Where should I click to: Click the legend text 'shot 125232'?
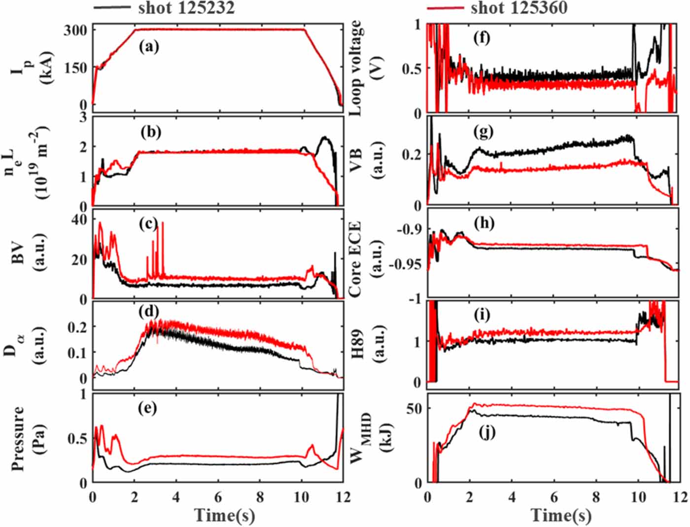pyautogui.click(x=186, y=8)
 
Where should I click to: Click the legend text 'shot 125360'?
pyautogui.click(x=519, y=8)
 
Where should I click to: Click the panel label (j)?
pyautogui.click(x=487, y=433)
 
